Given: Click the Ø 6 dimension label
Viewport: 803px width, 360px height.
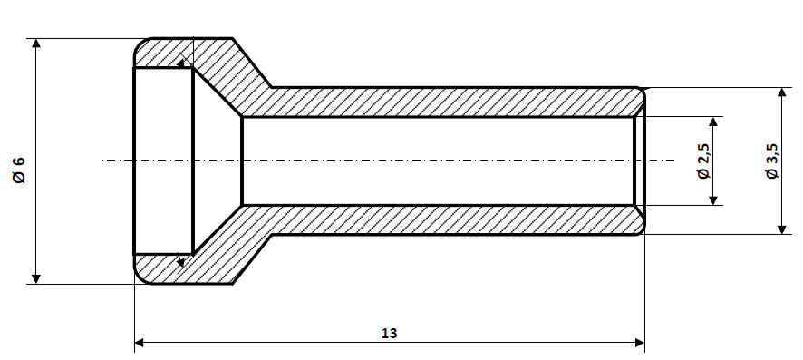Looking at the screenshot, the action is pyautogui.click(x=17, y=170).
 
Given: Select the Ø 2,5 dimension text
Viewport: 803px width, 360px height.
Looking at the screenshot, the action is pyautogui.click(x=702, y=161).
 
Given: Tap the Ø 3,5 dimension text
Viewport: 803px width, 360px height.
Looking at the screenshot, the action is pyautogui.click(x=770, y=161).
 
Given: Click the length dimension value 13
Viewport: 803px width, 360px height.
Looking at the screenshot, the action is pyautogui.click(x=390, y=332).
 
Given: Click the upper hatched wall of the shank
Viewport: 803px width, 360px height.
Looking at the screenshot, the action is pyautogui.click(x=435, y=102).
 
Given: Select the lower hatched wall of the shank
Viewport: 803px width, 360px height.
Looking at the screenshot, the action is pyautogui.click(x=435, y=219).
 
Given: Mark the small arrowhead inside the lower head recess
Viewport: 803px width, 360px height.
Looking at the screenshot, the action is pyautogui.click(x=182, y=262).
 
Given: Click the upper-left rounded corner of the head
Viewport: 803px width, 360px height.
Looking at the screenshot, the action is pyautogui.click(x=140, y=45).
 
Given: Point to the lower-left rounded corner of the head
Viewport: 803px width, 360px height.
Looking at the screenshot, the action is pyautogui.click(x=140, y=277).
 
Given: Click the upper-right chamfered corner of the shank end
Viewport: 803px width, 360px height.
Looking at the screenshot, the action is pyautogui.click(x=640, y=93).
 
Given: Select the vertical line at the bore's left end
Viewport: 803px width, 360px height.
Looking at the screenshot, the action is pyautogui.click(x=242, y=161).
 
